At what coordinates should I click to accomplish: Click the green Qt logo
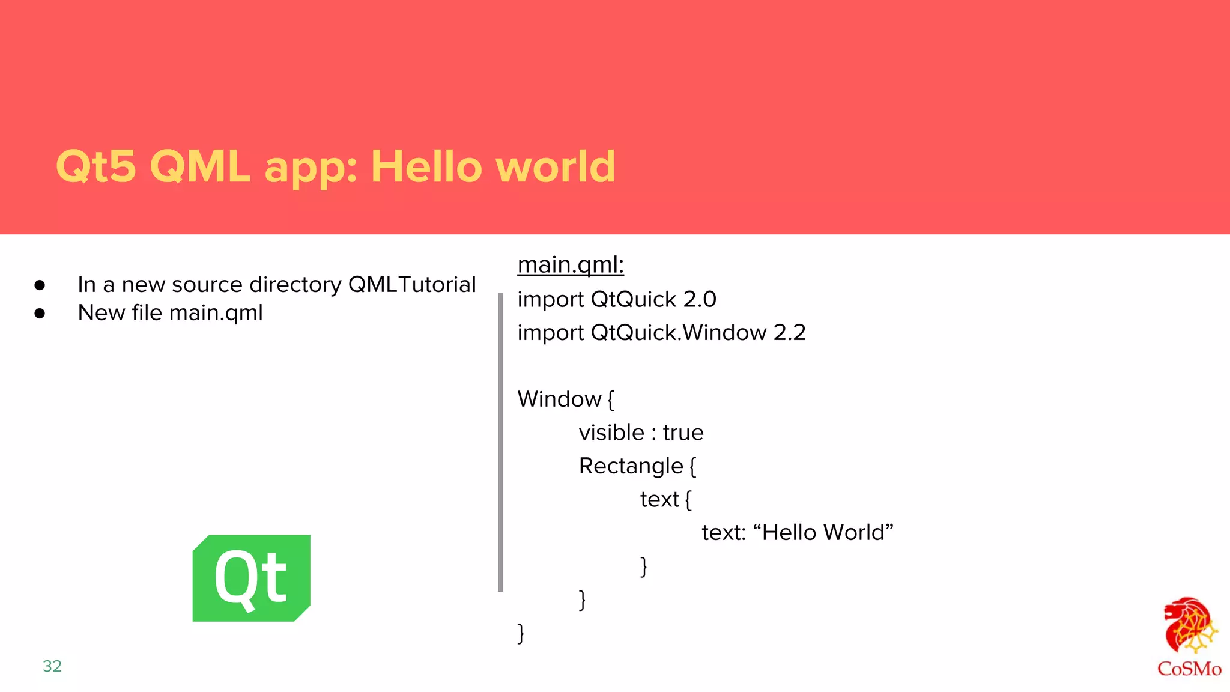point(251,578)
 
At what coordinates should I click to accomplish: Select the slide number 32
point(52,666)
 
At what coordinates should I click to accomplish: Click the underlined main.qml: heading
point(571,265)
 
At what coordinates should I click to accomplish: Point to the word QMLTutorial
point(412,285)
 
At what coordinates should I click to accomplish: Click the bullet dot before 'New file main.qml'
point(40,313)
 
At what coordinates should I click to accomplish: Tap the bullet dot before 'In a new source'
point(40,285)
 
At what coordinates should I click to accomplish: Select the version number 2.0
point(700,299)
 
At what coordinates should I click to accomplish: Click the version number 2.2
point(789,333)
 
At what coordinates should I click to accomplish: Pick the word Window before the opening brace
point(559,399)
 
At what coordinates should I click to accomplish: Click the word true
point(683,432)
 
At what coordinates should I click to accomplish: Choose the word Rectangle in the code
point(631,466)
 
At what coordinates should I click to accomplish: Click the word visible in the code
point(611,432)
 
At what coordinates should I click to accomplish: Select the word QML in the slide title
point(199,166)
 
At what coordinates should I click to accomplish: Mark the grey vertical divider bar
point(500,442)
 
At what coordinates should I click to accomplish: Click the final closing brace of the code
point(521,633)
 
